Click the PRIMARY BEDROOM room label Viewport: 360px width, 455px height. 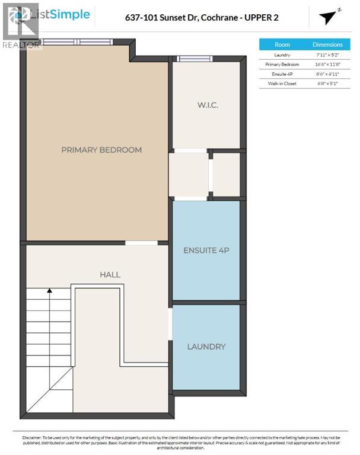coord(101,150)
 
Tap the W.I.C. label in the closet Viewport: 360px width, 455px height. coord(208,105)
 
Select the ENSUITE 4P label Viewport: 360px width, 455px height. coord(205,251)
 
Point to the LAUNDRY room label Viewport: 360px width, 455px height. coord(206,346)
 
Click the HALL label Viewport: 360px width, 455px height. coord(110,274)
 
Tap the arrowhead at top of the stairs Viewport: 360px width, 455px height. coord(50,291)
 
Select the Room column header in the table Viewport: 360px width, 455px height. coord(282,44)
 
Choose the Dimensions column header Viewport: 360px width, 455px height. coord(327,44)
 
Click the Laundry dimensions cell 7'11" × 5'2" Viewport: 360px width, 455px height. coord(327,55)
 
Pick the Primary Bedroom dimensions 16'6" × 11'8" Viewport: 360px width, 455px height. coord(327,64)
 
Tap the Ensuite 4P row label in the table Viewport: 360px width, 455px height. coord(282,74)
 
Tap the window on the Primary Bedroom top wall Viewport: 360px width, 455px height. coord(78,42)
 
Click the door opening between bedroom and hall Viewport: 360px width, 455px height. coord(141,243)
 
